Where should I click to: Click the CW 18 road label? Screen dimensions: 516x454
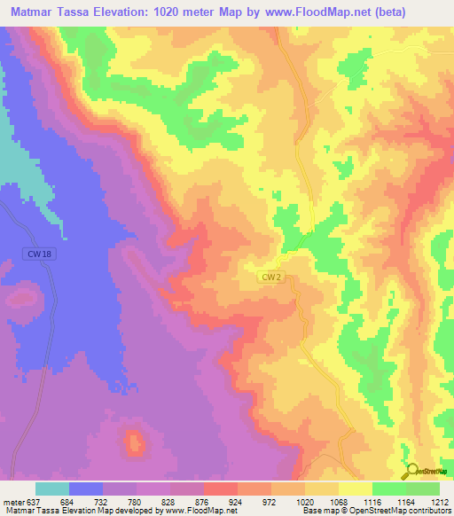(34, 254)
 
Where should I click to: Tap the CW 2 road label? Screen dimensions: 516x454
(270, 278)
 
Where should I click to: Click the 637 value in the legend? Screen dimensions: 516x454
(34, 501)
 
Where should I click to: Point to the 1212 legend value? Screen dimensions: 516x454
(437, 501)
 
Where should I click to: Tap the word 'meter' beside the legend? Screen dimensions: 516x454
(12, 501)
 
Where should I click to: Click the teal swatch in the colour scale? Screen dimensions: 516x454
(52, 489)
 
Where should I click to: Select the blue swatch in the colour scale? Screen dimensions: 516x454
(86, 489)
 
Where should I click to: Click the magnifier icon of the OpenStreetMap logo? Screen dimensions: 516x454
(411, 470)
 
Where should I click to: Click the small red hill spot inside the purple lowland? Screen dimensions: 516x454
(134, 442)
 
